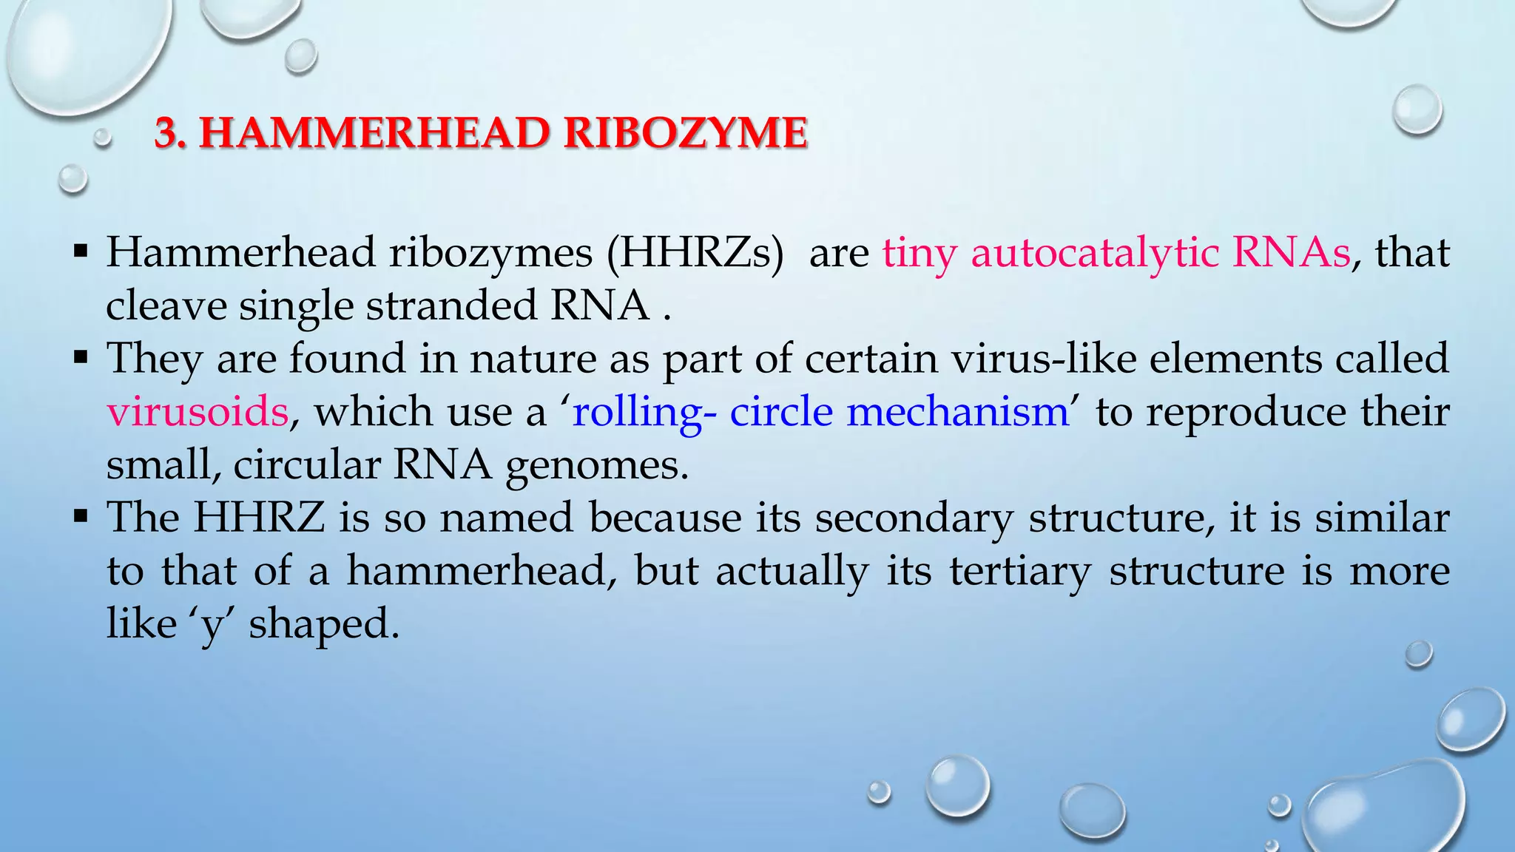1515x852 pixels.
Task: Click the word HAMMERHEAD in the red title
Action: tap(373, 133)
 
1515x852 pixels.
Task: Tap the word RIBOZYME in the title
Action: tap(685, 133)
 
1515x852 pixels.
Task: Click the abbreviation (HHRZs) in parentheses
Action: tap(695, 253)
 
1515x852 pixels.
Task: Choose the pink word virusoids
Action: tap(198, 412)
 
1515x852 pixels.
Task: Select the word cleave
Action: tap(166, 306)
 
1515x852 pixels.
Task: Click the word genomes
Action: tap(596, 466)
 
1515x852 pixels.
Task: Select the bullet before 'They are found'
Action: tap(81, 358)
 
